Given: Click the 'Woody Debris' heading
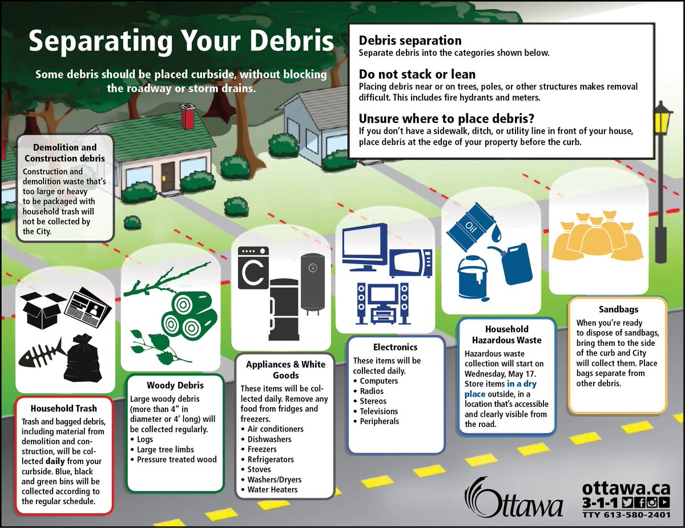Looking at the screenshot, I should coord(167,385).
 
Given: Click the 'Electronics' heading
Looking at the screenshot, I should coord(395,346).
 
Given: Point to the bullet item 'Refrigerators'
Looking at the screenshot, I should coord(271,459).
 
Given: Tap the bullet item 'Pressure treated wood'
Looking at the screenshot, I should coord(177,459).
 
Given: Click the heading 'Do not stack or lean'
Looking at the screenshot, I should coord(417,74).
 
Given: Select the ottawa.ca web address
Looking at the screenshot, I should coord(626,489).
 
